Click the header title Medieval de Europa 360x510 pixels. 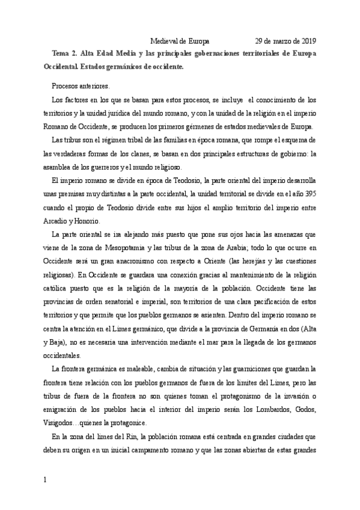point(180,41)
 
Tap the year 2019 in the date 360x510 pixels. point(307,41)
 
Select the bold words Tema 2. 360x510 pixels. point(66,53)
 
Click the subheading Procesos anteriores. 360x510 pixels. point(81,85)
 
